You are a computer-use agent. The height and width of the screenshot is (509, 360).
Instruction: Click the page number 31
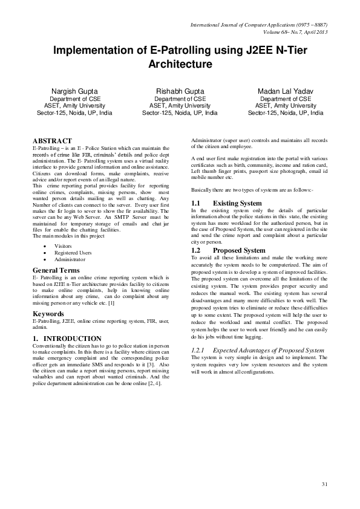pyautogui.click(x=324, y=484)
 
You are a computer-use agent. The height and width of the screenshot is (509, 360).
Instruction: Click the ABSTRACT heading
pyautogui.click(x=52, y=140)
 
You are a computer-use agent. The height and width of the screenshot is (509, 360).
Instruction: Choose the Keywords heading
pyautogui.click(x=48, y=314)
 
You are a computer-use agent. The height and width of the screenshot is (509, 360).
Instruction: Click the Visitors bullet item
pyautogui.click(x=63, y=247)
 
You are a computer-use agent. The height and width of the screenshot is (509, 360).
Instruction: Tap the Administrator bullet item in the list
pyautogui.click(x=70, y=259)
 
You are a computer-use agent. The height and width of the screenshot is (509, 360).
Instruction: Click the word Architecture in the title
pyautogui.click(x=180, y=63)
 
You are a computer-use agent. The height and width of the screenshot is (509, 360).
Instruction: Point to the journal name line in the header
pyautogui.click(x=259, y=25)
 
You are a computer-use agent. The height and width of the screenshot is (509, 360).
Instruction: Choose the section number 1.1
pyautogui.click(x=195, y=203)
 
